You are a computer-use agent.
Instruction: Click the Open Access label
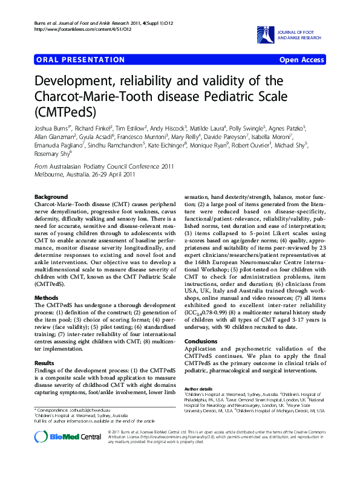[x=301, y=60]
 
